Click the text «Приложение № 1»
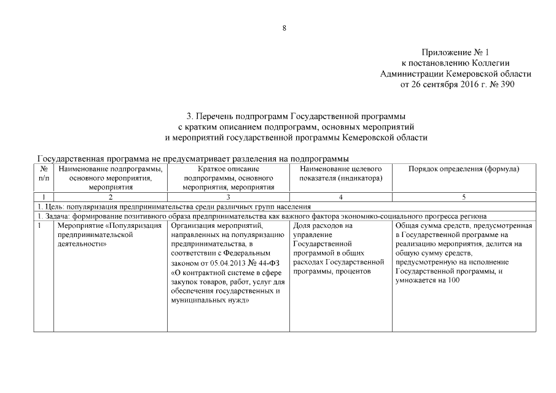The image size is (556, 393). tap(458, 53)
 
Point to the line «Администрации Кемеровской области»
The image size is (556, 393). tap(456, 74)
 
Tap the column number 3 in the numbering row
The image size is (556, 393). tap(228, 196)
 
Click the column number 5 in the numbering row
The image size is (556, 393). tap(464, 196)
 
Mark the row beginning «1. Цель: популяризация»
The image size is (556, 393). tap(174, 206)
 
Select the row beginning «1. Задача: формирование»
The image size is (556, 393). tap(261, 216)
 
